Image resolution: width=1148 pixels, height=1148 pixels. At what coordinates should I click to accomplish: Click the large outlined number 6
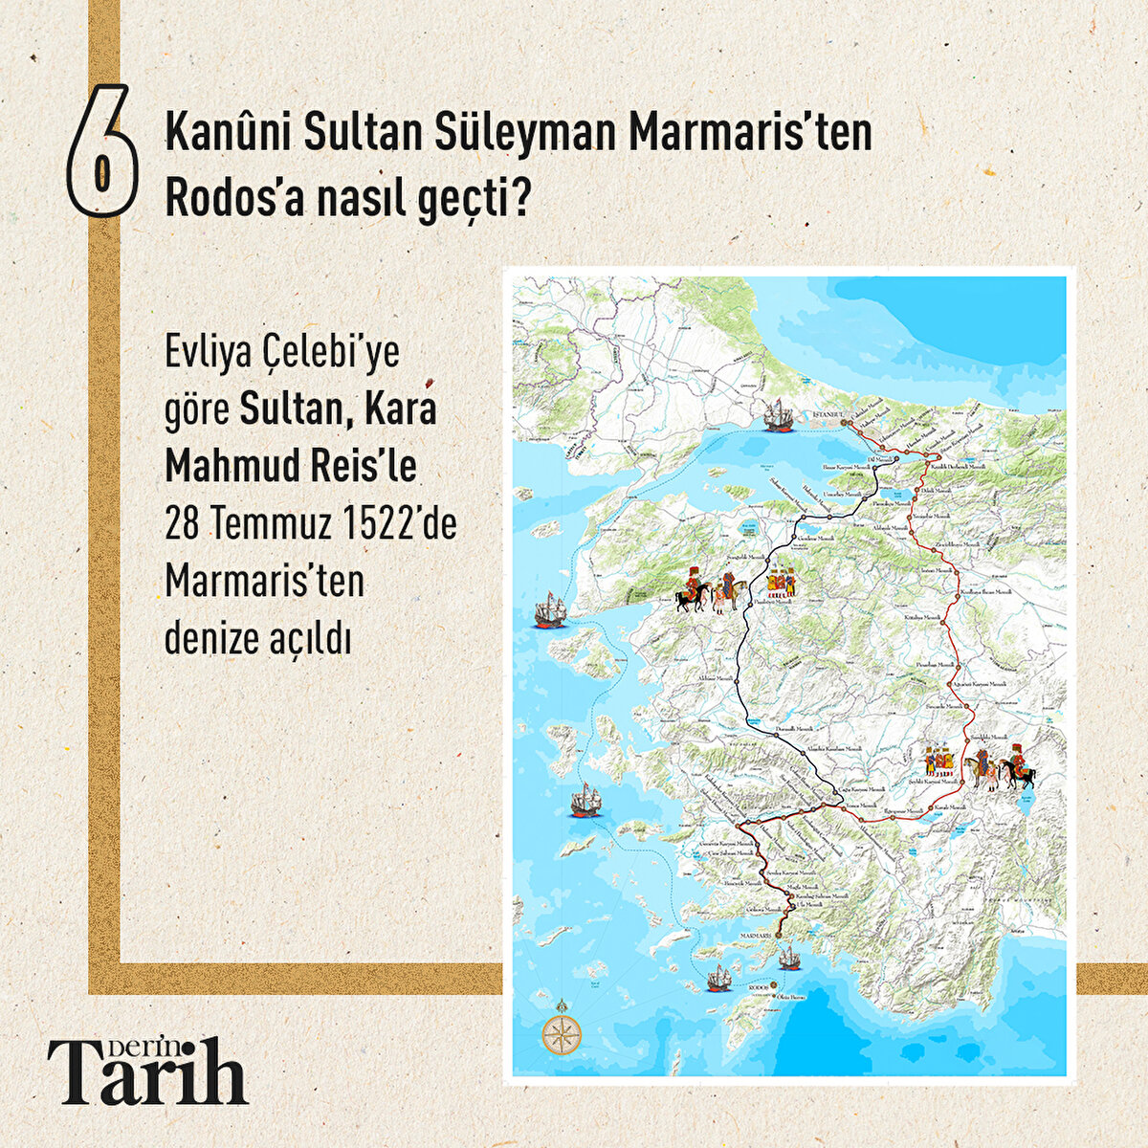(102, 151)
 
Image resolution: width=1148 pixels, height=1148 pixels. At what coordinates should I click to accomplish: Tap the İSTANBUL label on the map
(824, 414)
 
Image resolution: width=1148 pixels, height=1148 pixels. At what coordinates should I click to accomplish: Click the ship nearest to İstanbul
(783, 415)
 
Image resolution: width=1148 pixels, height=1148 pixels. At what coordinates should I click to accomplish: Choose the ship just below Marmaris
(789, 956)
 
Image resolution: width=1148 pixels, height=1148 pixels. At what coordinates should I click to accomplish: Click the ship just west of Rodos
(719, 978)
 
